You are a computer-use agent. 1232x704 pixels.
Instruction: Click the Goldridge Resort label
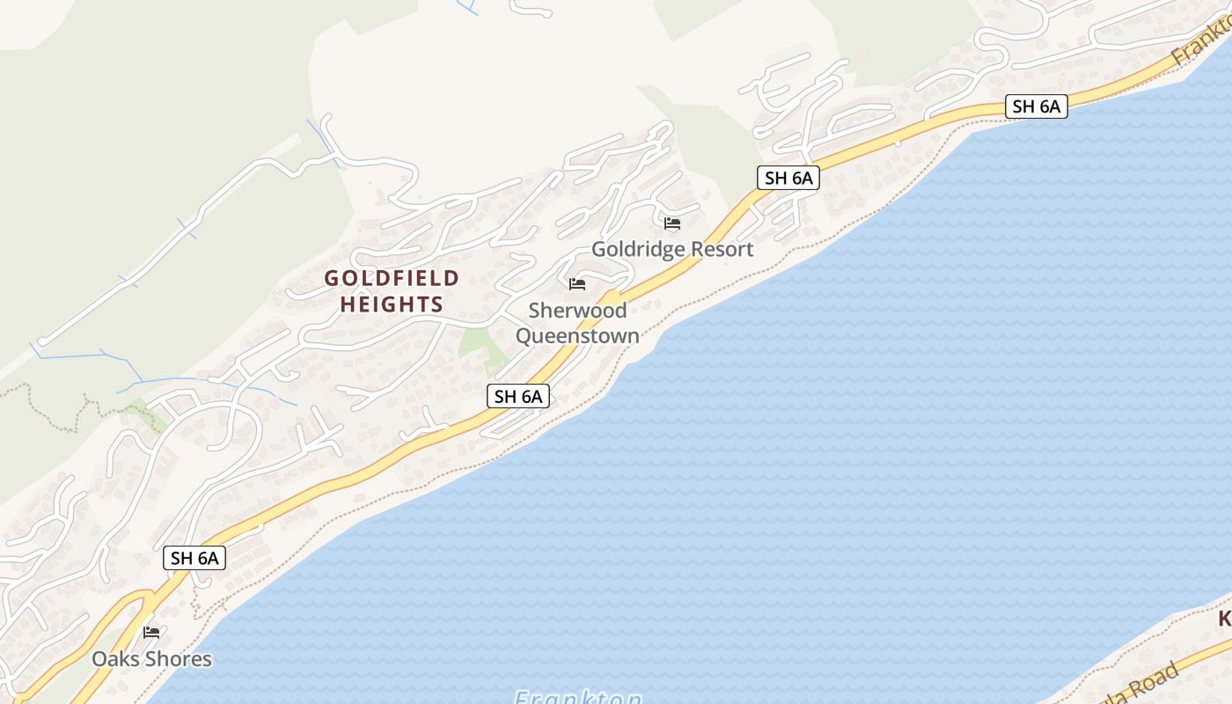coord(672,249)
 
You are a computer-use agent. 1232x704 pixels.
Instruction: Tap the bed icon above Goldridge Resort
coord(672,224)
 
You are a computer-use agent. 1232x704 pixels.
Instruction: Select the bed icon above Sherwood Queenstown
coord(577,284)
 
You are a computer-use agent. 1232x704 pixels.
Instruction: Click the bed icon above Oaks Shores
coord(151,633)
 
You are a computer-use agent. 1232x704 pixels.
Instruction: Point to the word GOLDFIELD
coord(392,279)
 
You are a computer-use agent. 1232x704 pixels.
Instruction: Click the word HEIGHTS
coord(392,304)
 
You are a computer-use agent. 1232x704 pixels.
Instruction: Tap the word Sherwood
coord(577,311)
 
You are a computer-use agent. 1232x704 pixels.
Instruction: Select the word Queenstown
coord(577,336)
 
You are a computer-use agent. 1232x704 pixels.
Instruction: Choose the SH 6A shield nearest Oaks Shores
coord(194,557)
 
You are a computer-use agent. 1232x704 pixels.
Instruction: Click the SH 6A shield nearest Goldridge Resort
coord(788,178)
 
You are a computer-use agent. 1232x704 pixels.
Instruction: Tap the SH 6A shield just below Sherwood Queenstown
coord(518,397)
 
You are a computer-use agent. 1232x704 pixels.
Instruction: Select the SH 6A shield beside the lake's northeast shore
coord(1037,107)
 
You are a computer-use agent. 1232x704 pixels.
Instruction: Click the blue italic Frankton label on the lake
coord(578,697)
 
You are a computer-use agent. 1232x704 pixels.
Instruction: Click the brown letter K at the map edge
coord(1225,620)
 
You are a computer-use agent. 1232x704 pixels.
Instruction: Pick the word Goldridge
coord(634,249)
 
